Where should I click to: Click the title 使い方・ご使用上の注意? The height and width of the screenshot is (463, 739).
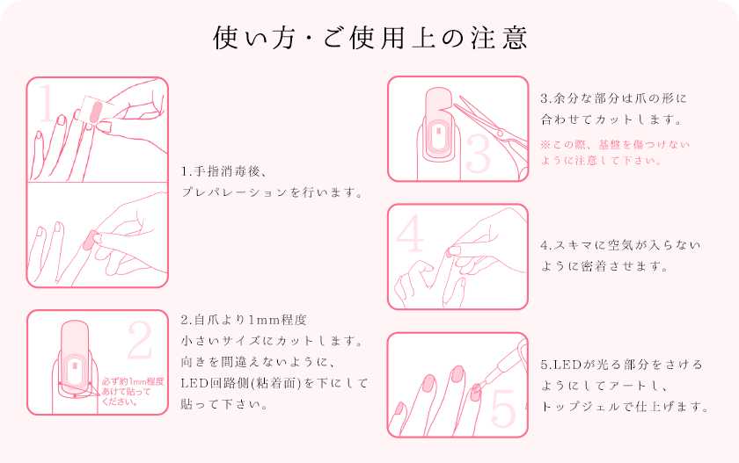(x=370, y=38)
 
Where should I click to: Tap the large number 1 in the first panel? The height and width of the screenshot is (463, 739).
(x=46, y=103)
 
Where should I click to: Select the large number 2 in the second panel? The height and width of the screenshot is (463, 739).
(x=140, y=340)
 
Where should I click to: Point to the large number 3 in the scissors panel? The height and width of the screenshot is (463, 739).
(x=478, y=154)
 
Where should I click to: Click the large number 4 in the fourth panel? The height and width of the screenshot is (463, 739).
(x=410, y=233)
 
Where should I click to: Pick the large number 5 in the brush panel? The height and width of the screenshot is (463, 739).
(x=503, y=409)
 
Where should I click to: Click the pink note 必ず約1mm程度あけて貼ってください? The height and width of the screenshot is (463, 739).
(x=133, y=392)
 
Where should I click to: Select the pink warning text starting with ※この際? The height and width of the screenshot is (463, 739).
(x=615, y=153)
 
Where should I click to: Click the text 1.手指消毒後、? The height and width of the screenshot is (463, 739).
(x=224, y=171)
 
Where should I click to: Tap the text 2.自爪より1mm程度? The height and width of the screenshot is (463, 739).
(x=244, y=320)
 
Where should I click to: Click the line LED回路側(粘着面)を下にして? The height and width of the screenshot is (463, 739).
(x=274, y=383)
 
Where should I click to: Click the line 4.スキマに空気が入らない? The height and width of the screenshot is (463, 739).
(x=620, y=245)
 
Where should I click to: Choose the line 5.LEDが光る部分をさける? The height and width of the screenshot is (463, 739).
(x=622, y=365)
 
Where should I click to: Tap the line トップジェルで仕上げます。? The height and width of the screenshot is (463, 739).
(x=625, y=407)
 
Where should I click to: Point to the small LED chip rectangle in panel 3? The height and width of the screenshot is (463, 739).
(x=439, y=130)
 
